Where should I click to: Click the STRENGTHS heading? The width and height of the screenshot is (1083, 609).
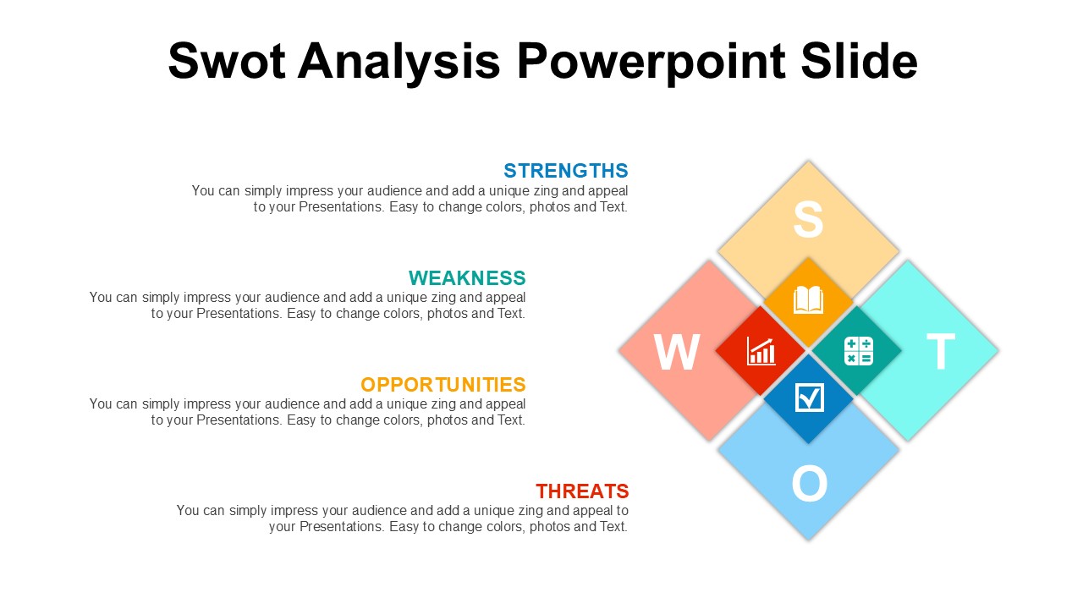(566, 171)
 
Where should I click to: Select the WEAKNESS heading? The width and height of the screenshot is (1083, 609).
(467, 278)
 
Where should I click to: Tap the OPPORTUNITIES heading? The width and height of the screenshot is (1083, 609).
(443, 385)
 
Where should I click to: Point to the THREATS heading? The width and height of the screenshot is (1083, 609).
(582, 491)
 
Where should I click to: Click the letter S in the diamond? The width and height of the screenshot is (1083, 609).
(808, 219)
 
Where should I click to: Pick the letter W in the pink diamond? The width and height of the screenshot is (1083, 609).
(677, 352)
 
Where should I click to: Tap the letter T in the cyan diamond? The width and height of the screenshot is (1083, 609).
(941, 351)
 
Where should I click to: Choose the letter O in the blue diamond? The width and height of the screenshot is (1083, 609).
(810, 483)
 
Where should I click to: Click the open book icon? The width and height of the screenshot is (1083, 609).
(808, 300)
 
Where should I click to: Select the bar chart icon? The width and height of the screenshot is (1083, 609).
(761, 351)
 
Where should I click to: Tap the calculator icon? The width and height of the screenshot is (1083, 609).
(859, 351)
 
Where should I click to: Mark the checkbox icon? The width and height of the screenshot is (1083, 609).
(810, 398)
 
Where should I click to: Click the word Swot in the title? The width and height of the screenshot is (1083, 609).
(226, 61)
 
